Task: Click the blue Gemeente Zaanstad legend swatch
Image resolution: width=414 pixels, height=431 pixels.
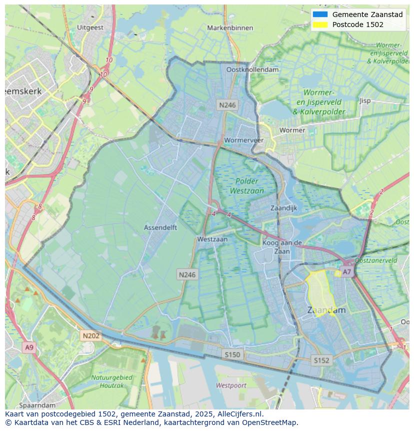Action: tap(320, 15)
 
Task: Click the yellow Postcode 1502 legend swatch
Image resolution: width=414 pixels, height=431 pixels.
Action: tap(320, 25)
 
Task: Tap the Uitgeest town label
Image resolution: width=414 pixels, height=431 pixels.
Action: tap(90, 28)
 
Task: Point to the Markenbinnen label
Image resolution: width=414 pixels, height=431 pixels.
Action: tap(230, 28)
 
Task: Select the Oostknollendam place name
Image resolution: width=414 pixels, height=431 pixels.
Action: tap(252, 70)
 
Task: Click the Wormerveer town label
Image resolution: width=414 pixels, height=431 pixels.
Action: tap(244, 140)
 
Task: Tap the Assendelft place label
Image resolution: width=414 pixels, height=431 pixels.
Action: tap(160, 227)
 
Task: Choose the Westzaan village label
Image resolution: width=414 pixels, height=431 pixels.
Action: tap(212, 239)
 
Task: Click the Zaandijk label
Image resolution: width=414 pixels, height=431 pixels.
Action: tap(283, 208)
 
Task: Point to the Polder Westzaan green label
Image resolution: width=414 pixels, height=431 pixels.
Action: tap(246, 186)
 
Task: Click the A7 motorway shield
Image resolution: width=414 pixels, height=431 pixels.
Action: tap(346, 272)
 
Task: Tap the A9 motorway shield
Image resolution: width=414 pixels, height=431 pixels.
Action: tap(29, 347)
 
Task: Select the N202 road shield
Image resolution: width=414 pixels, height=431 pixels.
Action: tap(91, 336)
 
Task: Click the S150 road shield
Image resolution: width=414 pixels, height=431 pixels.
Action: tap(232, 354)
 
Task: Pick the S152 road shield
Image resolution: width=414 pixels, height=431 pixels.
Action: tap(321, 360)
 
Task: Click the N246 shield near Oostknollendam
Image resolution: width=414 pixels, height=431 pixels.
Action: tap(227, 105)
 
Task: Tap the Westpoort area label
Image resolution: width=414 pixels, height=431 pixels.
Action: tap(231, 385)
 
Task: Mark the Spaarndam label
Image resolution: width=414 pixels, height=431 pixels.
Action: tap(37, 405)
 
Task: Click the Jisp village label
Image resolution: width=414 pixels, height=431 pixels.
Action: tap(365, 101)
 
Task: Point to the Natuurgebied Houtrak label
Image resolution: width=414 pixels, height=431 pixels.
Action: tap(111, 381)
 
